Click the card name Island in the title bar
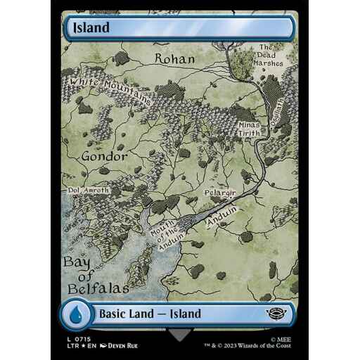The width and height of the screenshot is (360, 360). tap(90, 28)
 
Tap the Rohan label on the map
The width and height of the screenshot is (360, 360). tap(174, 59)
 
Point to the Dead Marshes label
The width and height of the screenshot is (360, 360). tap(269, 55)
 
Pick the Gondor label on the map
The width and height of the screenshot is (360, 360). tap(103, 155)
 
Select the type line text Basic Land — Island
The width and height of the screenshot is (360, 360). tap(150, 314)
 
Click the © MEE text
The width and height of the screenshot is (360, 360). tap(280, 337)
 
